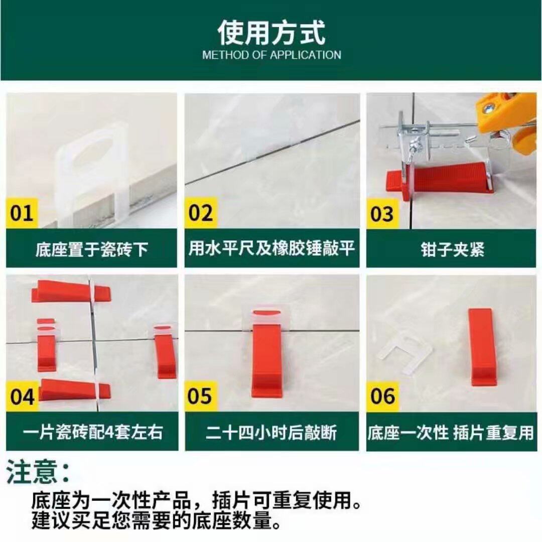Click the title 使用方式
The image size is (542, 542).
[272, 33]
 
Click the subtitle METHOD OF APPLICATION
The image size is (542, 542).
[272, 55]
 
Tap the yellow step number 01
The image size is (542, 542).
[22, 213]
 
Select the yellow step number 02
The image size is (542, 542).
[200, 213]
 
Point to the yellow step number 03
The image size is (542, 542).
[382, 214]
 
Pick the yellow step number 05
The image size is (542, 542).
[200, 396]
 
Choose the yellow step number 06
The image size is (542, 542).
[382, 396]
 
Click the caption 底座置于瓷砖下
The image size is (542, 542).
[92, 249]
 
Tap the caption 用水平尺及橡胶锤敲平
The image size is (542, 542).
[272, 248]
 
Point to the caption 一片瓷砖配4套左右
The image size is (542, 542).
[93, 432]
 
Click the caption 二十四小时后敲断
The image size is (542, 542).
[272, 432]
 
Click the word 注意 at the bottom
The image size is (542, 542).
[32, 471]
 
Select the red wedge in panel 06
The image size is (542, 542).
[482, 347]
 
